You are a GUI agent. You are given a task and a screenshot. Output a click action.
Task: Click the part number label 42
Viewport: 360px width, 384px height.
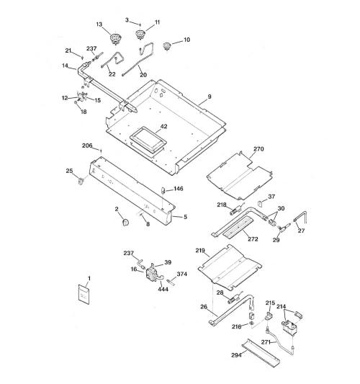[x=163, y=126]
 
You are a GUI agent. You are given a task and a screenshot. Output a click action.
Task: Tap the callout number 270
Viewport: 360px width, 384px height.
[x=258, y=149]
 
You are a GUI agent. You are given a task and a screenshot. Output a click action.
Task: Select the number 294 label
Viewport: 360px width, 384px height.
[x=237, y=355]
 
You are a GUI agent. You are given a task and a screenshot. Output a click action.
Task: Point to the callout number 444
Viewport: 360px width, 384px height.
[x=163, y=289]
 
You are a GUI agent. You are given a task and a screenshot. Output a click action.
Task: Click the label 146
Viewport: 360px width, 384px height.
[x=179, y=189]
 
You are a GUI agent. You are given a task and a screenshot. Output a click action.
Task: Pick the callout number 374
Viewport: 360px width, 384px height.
[x=182, y=274]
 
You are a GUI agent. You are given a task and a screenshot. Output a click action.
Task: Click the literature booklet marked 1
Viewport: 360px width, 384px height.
[x=84, y=294]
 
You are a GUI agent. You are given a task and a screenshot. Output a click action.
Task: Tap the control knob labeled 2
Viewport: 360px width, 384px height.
[x=125, y=223]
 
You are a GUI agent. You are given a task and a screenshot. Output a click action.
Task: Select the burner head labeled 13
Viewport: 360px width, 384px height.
[x=115, y=39]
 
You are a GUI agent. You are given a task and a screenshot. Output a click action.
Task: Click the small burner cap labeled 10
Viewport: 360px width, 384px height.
[x=167, y=46]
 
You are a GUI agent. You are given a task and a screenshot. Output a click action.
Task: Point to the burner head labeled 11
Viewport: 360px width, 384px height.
[x=140, y=34]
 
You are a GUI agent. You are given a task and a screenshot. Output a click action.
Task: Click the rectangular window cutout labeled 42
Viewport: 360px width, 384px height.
[x=148, y=140]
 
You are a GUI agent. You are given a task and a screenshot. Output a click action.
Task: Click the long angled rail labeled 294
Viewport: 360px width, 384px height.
[x=261, y=353]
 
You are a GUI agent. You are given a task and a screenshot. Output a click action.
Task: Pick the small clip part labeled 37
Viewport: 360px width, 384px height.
[x=260, y=203]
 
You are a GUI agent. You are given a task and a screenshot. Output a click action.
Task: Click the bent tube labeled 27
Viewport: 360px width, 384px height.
[x=302, y=217]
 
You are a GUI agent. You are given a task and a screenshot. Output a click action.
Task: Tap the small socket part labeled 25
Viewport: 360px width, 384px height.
[x=81, y=182]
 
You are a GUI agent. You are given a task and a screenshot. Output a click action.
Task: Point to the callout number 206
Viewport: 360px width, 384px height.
[x=87, y=146]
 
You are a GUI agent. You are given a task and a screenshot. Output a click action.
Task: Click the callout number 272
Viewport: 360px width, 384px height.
[x=253, y=238]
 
